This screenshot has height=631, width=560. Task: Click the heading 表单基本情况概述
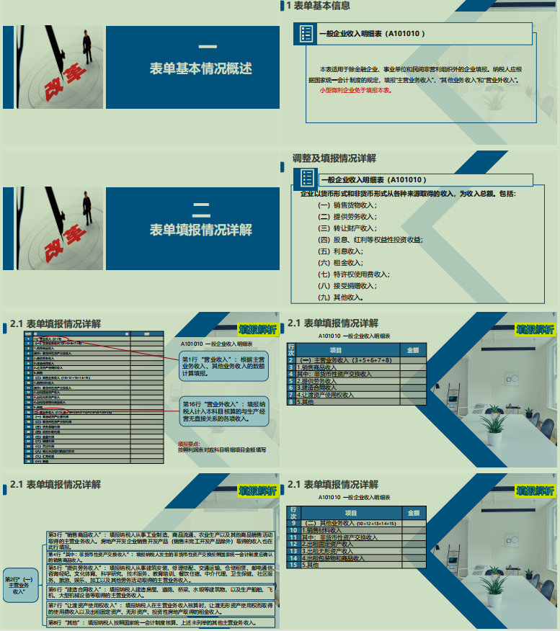pos(201,69)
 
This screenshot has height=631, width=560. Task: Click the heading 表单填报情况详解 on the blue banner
pos(201,230)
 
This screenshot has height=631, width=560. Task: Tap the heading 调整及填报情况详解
pos(334,158)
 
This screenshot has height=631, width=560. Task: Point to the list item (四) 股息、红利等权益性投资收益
pos(370,239)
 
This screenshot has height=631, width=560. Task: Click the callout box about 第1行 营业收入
pos(223,366)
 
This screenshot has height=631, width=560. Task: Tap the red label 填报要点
pos(190,443)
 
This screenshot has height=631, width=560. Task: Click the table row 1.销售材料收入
pos(325,530)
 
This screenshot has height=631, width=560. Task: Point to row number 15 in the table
pos(293,565)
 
